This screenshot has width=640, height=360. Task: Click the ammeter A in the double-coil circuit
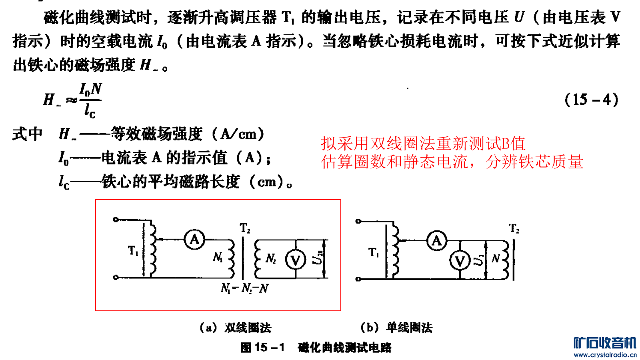[x=194, y=240]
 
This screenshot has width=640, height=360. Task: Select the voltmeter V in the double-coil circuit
[x=295, y=260]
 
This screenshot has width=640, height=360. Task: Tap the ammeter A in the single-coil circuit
[x=436, y=241]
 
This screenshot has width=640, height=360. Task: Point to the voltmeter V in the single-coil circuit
[x=460, y=261]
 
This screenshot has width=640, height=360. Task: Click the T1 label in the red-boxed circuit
[x=133, y=251]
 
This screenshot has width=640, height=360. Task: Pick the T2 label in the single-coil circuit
[x=514, y=229]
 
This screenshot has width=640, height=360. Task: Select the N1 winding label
[x=218, y=257]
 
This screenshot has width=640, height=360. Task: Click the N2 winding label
[x=271, y=259]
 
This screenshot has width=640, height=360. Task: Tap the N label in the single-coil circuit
[x=496, y=259]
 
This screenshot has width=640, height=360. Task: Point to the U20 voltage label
[x=318, y=258]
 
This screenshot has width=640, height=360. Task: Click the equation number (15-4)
[x=591, y=100]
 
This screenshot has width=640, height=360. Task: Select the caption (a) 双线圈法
[x=235, y=328]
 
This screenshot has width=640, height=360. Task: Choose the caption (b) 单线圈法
[x=396, y=328]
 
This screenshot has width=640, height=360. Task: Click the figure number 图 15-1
[x=263, y=347]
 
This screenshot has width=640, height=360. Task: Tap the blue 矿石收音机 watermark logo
[x=604, y=343]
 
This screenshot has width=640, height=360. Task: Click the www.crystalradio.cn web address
[x=605, y=355]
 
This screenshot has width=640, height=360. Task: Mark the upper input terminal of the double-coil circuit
[x=116, y=219]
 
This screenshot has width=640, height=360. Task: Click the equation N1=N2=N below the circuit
[x=244, y=288]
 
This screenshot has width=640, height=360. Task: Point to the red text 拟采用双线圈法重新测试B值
[x=423, y=143]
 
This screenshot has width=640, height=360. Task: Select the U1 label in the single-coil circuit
[x=478, y=260]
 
